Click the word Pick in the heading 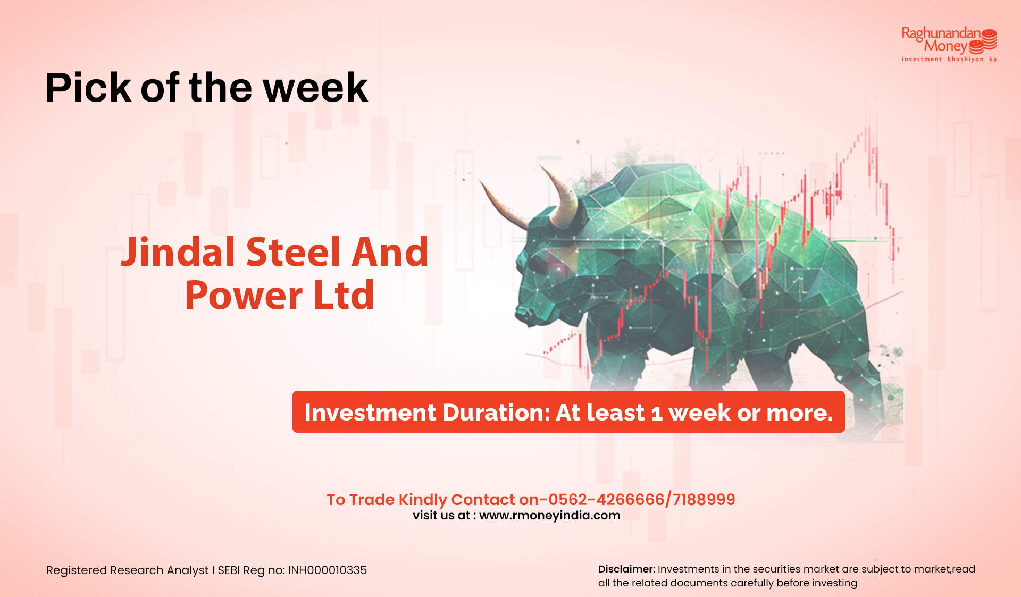pyautogui.click(x=88, y=88)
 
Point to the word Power pyautogui.click(x=244, y=296)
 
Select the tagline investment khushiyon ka pyautogui.click(x=949, y=60)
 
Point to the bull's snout pyautogui.click(x=526, y=314)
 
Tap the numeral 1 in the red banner pyautogui.click(x=657, y=414)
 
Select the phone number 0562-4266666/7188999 pyautogui.click(x=641, y=499)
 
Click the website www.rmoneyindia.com pyautogui.click(x=550, y=515)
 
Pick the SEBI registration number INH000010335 pyautogui.click(x=328, y=570)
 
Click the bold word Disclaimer pyautogui.click(x=625, y=569)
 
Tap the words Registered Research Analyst pyautogui.click(x=128, y=570)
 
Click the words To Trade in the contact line pyautogui.click(x=361, y=500)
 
